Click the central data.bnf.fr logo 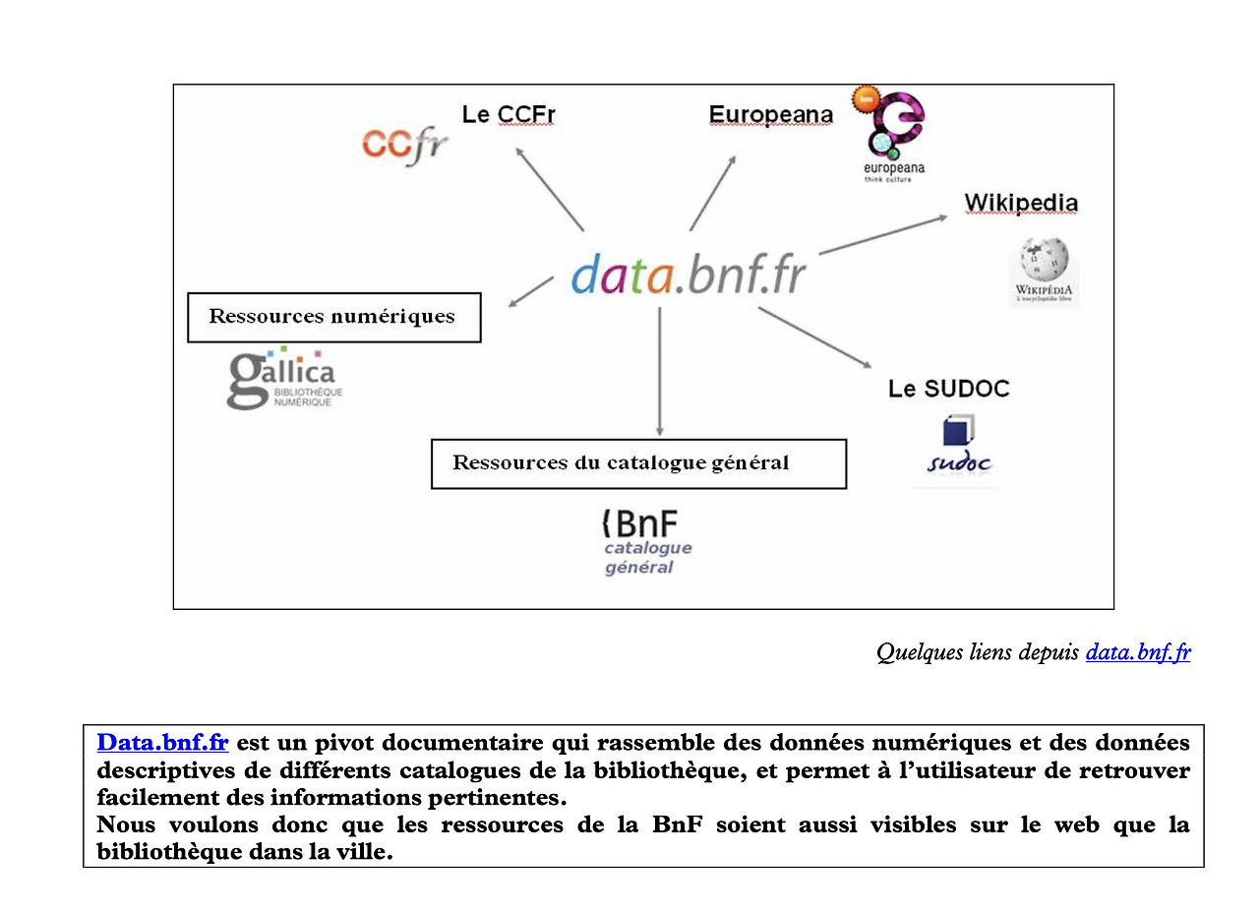pos(688,274)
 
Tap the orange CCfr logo pos(404,146)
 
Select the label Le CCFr pos(509,115)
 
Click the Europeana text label pos(770,115)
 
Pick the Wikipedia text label pos(1020,203)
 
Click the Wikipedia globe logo pos(1043,268)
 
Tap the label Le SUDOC pos(948,389)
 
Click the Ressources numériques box pos(333,317)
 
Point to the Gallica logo pos(283,379)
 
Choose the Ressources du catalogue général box pos(638,463)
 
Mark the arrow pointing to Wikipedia pos(882,234)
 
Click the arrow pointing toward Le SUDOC pos(815,337)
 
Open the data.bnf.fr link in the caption pos(1138,652)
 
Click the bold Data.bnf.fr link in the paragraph pos(162,742)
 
